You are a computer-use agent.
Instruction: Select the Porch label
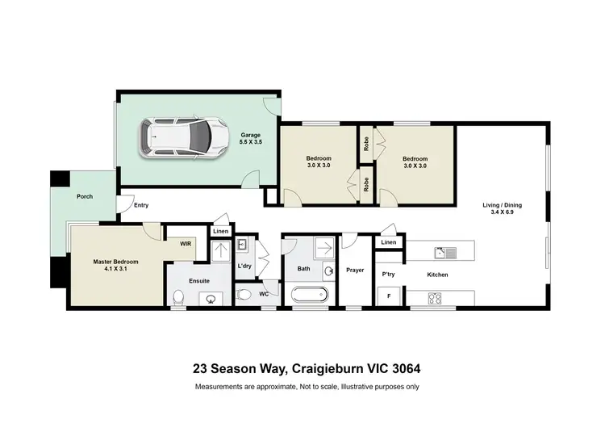(x=84, y=196)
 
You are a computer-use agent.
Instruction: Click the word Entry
(x=141, y=205)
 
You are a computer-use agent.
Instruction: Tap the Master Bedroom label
(x=115, y=262)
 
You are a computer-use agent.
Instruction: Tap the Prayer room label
(x=356, y=271)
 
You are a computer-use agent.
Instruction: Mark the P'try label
(x=388, y=275)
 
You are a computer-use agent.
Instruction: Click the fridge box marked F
(x=389, y=296)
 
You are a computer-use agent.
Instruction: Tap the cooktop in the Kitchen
(x=434, y=297)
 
